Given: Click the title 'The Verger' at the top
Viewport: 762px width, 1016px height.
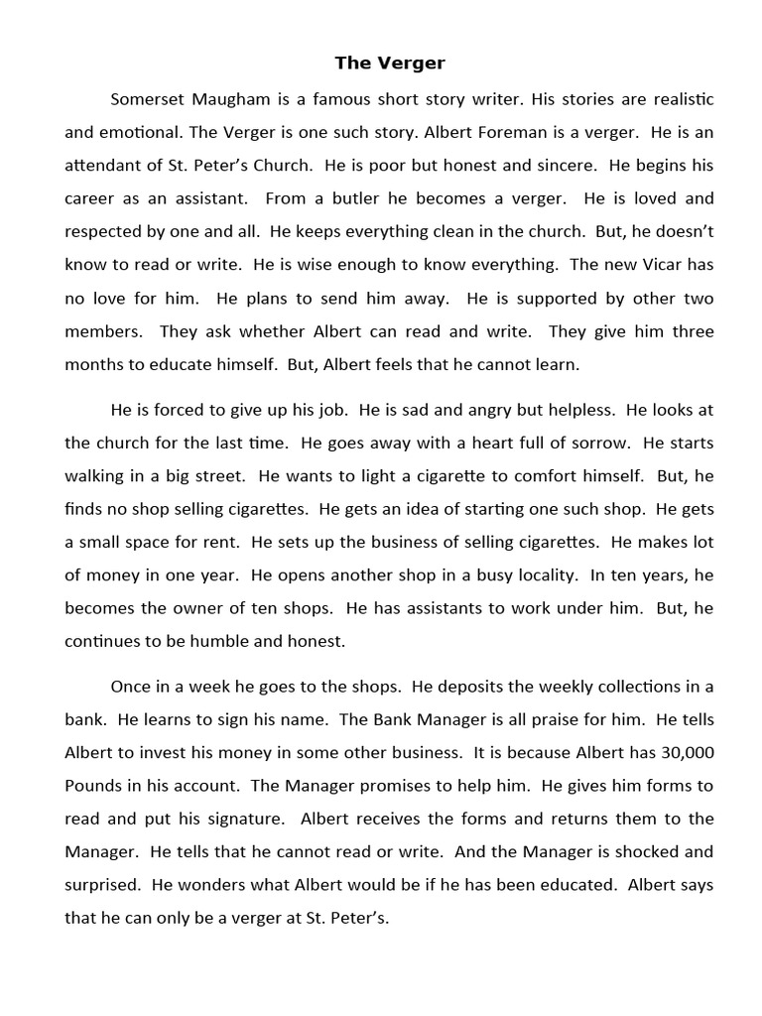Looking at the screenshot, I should point(390,63).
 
